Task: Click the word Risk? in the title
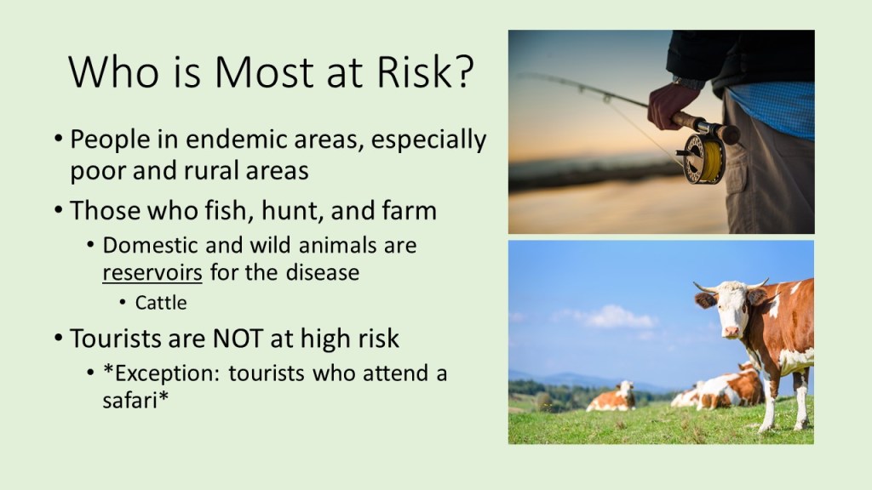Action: (426, 71)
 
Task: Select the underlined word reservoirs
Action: (152, 273)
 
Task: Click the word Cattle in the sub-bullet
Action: (161, 303)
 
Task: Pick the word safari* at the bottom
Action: (135, 400)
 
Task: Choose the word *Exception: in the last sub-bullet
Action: (162, 373)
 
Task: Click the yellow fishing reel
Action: (704, 159)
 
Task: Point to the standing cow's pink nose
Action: (731, 332)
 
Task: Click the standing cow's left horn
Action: (704, 288)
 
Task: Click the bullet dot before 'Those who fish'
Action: (59, 210)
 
